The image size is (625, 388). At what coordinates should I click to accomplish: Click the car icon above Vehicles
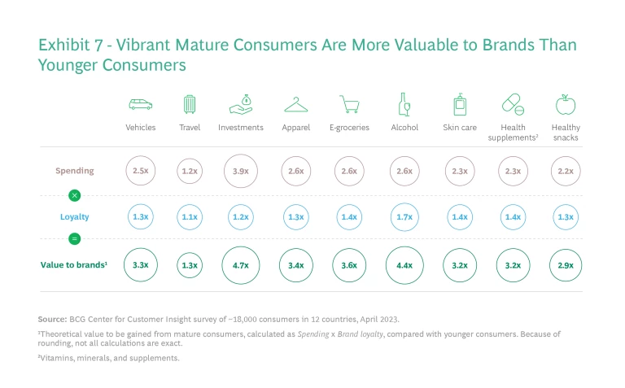click(x=141, y=105)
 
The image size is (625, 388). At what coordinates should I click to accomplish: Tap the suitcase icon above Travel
click(x=190, y=104)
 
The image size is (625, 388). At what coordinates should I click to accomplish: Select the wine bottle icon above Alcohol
click(x=404, y=104)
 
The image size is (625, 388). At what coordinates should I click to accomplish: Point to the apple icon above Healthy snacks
click(x=566, y=104)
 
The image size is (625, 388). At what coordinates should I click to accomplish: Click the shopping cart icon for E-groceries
click(x=350, y=105)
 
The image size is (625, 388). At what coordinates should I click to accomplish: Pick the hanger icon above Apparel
click(x=295, y=105)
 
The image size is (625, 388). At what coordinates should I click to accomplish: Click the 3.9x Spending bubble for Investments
click(x=241, y=171)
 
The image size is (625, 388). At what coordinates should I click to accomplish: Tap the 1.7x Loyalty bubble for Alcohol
click(x=404, y=217)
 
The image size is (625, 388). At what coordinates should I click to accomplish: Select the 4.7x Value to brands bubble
click(x=241, y=264)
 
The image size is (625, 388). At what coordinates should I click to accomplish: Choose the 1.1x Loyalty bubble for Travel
click(x=190, y=217)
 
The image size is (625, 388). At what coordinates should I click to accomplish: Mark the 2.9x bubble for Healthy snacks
click(x=566, y=264)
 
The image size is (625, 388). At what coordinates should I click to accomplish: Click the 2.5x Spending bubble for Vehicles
click(x=141, y=171)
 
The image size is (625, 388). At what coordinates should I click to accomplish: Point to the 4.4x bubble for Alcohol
click(x=404, y=264)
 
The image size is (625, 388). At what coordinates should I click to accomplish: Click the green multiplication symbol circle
click(x=75, y=195)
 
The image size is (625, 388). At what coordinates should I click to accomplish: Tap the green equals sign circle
click(x=75, y=239)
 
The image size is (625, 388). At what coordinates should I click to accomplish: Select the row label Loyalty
click(x=75, y=217)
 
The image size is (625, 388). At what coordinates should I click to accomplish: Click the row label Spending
click(x=75, y=171)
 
